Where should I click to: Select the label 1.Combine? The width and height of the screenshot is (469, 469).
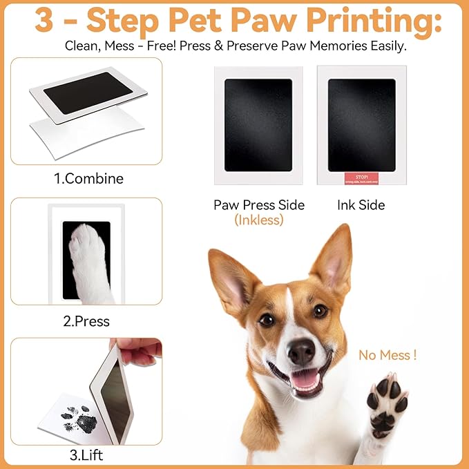(x=88, y=179)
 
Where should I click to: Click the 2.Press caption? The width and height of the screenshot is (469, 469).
(x=86, y=321)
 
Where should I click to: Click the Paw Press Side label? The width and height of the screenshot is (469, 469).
(x=259, y=205)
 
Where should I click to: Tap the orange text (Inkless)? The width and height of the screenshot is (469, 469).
(x=259, y=220)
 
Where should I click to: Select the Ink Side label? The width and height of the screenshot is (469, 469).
(x=361, y=205)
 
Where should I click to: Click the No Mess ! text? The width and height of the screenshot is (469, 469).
(x=387, y=356)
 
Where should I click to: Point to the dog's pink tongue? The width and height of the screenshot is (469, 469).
(x=305, y=380)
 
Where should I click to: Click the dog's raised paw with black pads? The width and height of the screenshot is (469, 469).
(x=387, y=401)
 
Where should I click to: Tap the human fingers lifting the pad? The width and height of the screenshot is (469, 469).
(x=138, y=352)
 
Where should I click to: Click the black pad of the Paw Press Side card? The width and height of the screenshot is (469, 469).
(x=258, y=124)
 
